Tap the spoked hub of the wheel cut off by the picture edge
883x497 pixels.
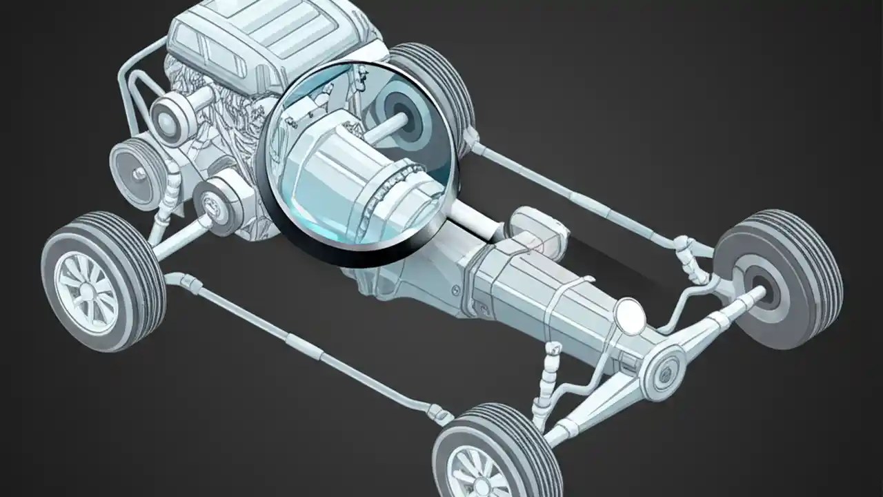pyautogui.click(x=476, y=473)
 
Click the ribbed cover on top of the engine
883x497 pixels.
pyautogui.click(x=276, y=31)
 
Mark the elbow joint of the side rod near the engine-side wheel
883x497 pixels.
pyautogui.click(x=177, y=280)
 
